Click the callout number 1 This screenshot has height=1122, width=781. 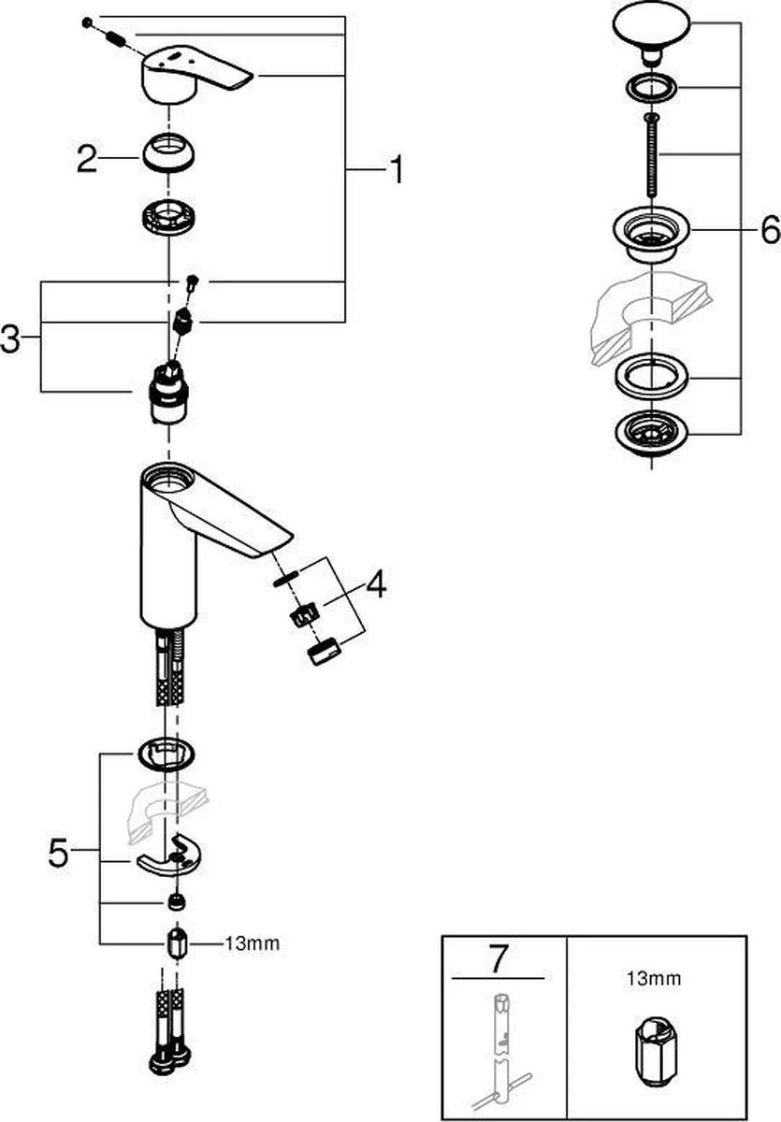point(396,170)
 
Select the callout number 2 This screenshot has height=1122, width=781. point(86,160)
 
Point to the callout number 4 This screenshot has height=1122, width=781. point(375,585)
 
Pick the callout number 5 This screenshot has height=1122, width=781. point(58,853)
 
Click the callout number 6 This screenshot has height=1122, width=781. point(769,229)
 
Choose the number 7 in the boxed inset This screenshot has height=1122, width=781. point(498,958)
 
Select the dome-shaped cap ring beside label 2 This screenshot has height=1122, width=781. point(168,153)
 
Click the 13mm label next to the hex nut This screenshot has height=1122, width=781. point(252,942)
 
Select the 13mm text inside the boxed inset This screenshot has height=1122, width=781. point(654,979)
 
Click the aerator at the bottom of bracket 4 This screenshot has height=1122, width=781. point(323,652)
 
